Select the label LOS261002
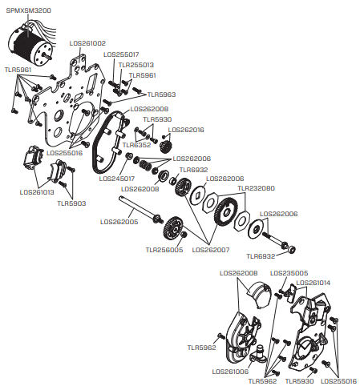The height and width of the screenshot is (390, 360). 87,43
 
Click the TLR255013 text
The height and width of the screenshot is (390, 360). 136,65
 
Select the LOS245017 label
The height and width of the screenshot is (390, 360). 116,179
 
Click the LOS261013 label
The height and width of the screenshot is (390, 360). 37,192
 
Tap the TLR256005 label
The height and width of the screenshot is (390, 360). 164,250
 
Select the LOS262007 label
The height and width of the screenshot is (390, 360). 211,250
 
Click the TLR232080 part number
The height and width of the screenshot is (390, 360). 256,188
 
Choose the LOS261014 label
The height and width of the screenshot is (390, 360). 313,283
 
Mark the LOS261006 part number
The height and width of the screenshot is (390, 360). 230,372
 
